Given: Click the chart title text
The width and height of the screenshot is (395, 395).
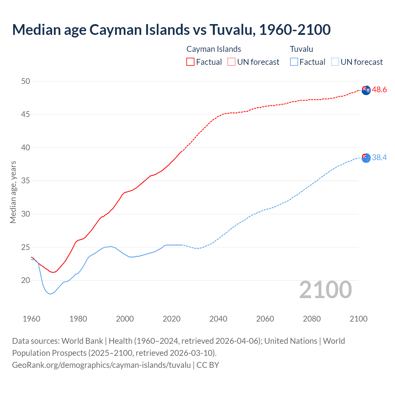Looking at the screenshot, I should [x=171, y=30].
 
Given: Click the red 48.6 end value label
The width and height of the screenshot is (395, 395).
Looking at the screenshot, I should [x=379, y=90].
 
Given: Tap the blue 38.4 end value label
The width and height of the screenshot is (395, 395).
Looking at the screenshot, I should [x=379, y=158].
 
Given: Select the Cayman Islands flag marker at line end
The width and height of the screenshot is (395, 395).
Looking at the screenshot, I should [x=366, y=90].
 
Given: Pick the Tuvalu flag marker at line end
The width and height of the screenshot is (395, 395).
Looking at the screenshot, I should [x=366, y=158].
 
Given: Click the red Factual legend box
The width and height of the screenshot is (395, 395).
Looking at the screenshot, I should [x=190, y=62].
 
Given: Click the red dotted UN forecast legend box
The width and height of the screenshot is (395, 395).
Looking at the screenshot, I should [x=231, y=62].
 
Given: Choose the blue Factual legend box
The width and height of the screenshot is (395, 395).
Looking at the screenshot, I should [x=294, y=62].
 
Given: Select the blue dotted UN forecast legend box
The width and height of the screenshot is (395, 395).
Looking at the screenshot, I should [x=335, y=62].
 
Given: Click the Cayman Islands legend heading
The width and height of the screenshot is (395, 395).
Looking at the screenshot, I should [x=214, y=49].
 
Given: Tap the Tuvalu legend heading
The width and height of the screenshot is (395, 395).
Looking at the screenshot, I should [x=301, y=49].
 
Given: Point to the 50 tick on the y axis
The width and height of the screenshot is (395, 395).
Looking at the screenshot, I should [x=26, y=81].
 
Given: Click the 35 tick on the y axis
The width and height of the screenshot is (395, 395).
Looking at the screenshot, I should [x=26, y=181].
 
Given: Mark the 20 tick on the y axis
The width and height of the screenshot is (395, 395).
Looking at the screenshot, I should [x=26, y=280].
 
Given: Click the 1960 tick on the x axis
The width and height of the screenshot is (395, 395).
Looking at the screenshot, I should [x=31, y=319].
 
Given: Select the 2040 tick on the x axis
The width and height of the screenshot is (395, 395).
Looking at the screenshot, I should [x=218, y=319].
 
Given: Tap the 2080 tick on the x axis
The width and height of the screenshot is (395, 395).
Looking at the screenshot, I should [x=312, y=319].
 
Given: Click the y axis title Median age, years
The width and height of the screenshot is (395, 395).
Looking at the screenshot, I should [x=13, y=192].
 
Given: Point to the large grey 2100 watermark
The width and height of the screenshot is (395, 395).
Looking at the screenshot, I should [x=326, y=289].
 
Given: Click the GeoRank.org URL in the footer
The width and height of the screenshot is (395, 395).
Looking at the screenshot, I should [x=101, y=365].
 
